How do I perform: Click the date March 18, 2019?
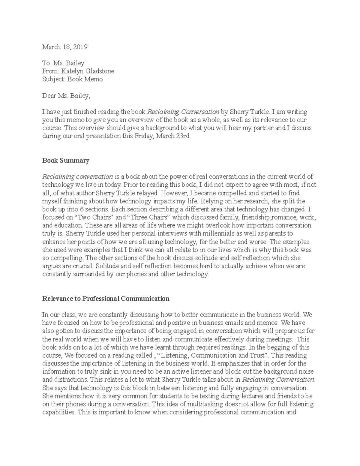[x=64, y=47]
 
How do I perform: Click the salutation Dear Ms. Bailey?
[x=66, y=96]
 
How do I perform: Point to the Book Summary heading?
[x=66, y=161]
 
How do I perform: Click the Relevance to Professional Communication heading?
[x=106, y=299]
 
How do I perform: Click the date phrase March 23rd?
[x=174, y=136]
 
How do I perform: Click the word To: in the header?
[x=47, y=63]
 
